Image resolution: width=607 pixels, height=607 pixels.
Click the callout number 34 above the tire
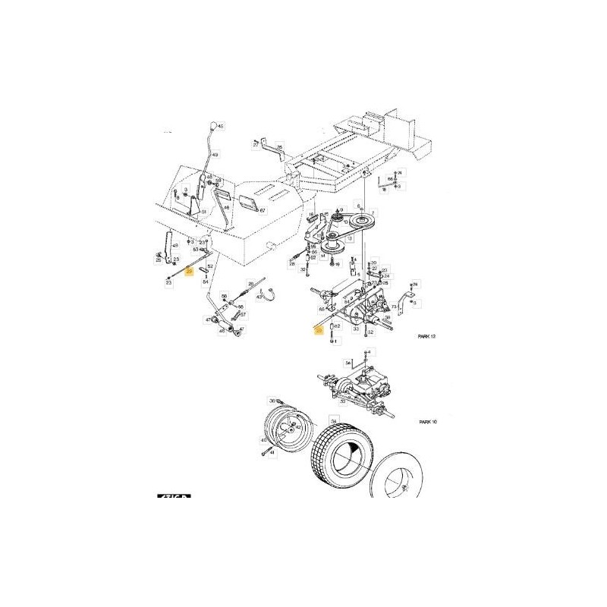332,419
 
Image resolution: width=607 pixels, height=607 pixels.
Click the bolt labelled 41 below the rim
263,452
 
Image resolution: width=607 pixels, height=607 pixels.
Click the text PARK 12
429,335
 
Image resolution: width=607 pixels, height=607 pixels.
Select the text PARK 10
429,420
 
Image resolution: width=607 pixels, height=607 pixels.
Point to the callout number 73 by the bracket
395,307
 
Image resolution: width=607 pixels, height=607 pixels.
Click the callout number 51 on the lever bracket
203,212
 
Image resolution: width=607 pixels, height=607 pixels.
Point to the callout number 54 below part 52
205,281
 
